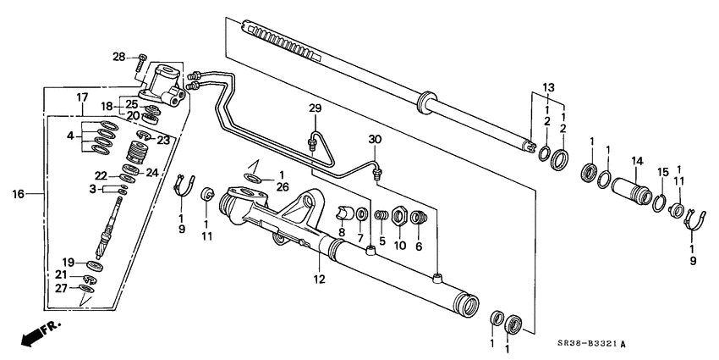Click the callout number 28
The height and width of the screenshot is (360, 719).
(x=119, y=57)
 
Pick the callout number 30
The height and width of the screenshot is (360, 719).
(x=376, y=139)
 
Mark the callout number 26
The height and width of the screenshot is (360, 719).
(x=259, y=186)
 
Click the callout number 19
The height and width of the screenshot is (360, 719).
(x=70, y=263)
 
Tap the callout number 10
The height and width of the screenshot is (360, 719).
(x=400, y=246)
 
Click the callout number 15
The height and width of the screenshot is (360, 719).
(x=663, y=171)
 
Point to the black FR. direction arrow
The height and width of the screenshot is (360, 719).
(x=33, y=335)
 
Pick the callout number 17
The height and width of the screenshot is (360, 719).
(x=82, y=97)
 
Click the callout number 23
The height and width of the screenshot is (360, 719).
(x=164, y=141)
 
